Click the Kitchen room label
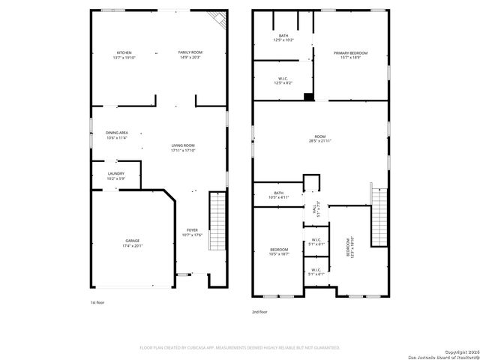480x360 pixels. pos(124,54)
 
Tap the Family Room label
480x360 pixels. pos(190,54)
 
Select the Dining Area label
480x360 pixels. pos(116,135)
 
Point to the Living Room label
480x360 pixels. pos(183,148)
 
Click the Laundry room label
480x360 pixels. pos(115,175)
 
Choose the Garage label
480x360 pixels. pos(132,243)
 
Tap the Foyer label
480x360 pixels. pos(192,232)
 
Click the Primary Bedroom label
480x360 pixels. pos(351,55)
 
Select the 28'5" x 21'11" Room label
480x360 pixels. pos(320,139)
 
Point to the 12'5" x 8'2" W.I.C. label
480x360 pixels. pos(283,80)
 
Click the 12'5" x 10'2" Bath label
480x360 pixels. pos(283,37)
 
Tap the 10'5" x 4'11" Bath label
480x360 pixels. pos(279,195)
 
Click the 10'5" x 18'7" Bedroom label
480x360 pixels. pos(279,251)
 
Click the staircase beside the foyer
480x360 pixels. pos(217,220)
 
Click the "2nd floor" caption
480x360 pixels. pos(261,312)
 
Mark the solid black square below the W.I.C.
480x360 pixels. pos(308,96)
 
